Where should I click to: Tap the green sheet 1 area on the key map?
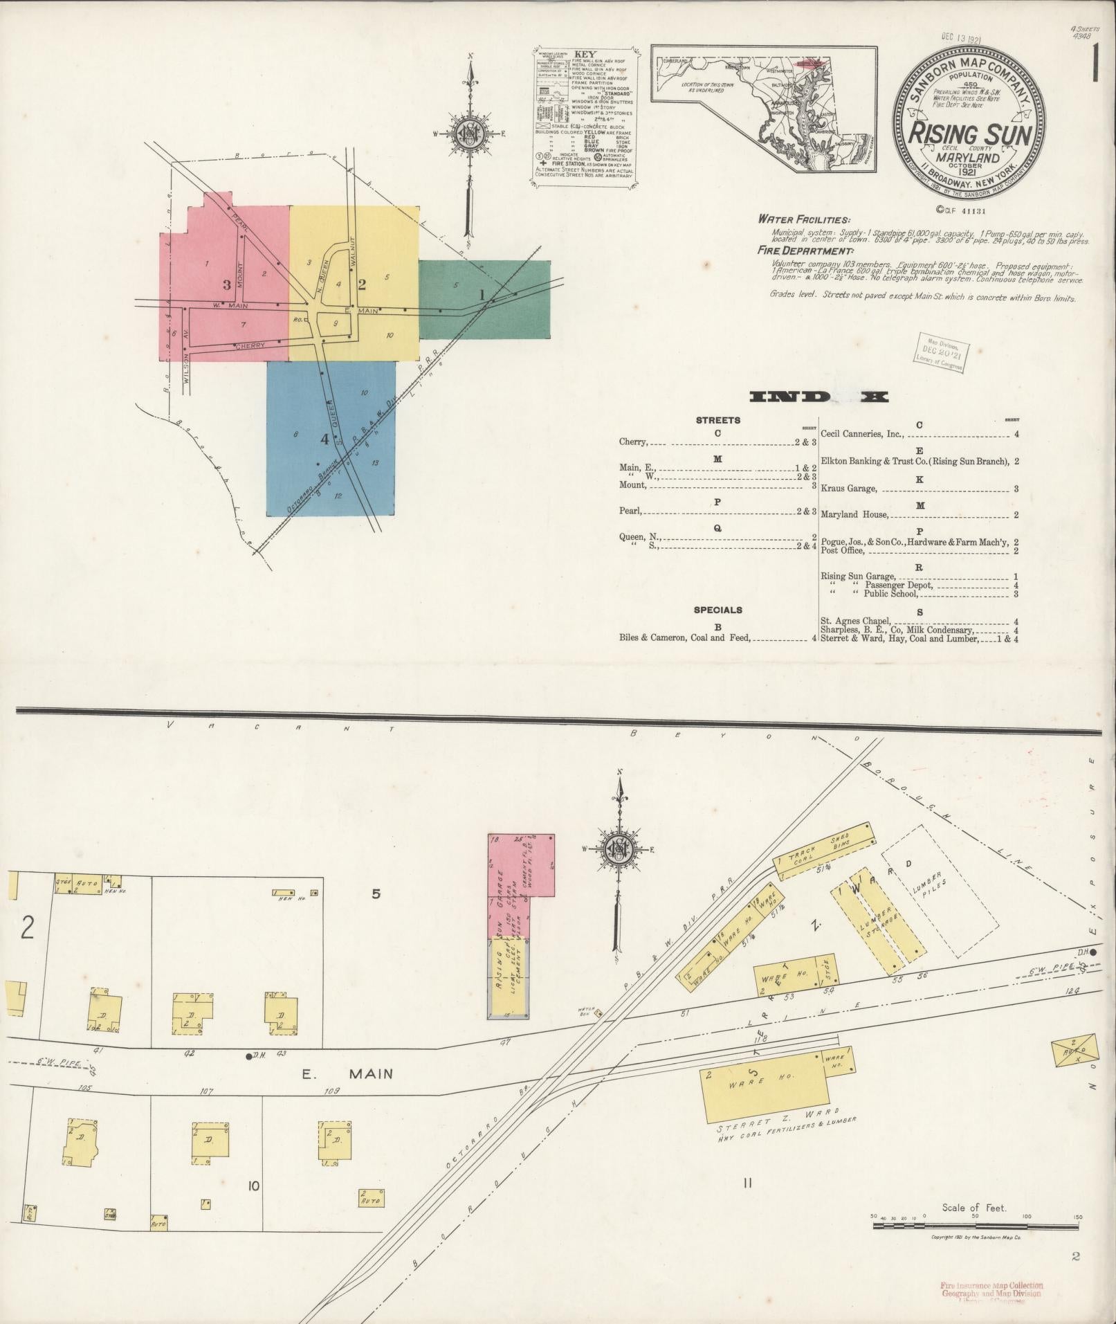click(x=484, y=299)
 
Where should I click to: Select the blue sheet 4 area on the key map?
click(x=331, y=439)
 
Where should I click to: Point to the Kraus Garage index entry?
click(x=849, y=489)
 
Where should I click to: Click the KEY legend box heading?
click(x=585, y=53)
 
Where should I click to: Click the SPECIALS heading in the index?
click(x=717, y=610)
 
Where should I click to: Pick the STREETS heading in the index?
click(x=717, y=420)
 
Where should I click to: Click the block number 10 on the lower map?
click(x=253, y=1186)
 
